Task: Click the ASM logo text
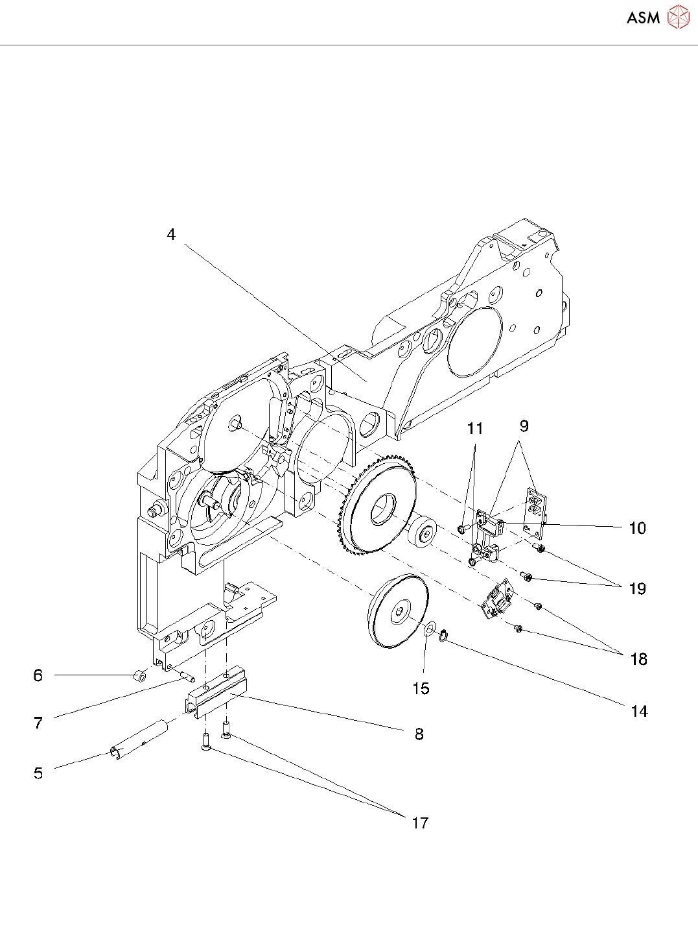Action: (643, 18)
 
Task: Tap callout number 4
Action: (171, 234)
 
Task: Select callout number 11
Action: (475, 428)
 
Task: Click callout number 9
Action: (524, 426)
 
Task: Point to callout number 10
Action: (637, 528)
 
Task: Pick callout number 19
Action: (638, 588)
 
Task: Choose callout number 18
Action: (638, 659)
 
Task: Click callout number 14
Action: (639, 712)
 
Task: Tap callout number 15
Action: (421, 688)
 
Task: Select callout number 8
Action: (419, 734)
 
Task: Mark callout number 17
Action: (420, 823)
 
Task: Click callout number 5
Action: (38, 773)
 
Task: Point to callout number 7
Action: (38, 722)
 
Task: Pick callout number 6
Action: (38, 675)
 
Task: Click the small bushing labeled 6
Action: (138, 676)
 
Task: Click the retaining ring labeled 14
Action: (443, 635)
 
